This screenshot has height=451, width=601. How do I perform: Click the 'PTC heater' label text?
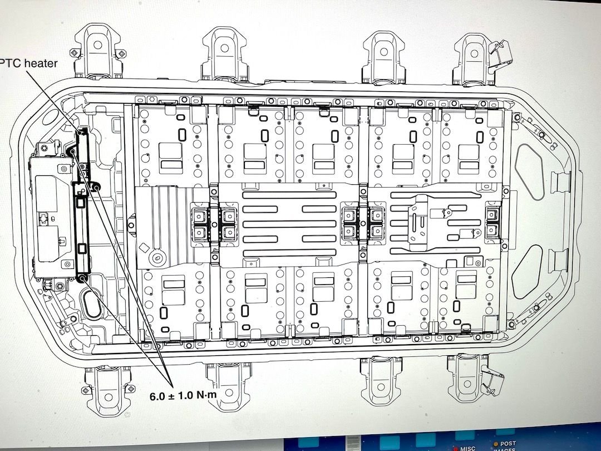(29, 63)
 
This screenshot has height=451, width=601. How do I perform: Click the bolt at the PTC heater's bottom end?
(82, 277)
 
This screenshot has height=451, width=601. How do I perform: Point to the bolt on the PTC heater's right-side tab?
(96, 188)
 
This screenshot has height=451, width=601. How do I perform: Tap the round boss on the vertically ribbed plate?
(157, 257)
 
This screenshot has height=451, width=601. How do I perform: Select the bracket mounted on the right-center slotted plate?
(427, 222)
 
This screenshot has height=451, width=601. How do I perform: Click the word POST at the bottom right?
(508, 444)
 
